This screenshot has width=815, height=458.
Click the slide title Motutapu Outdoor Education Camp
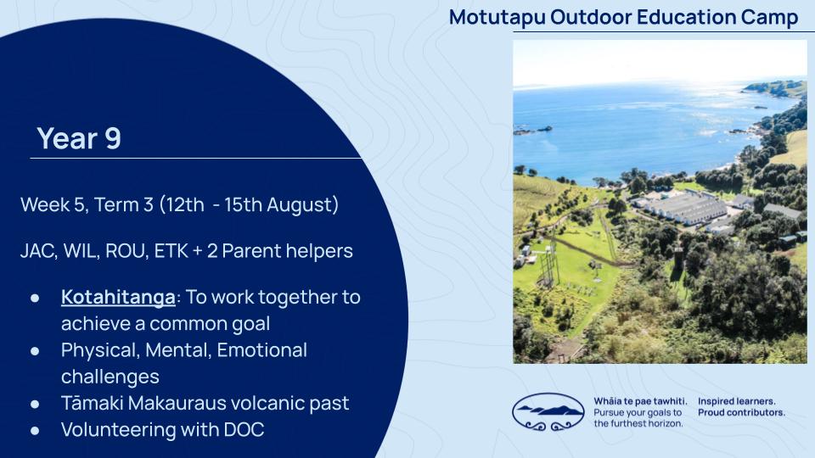click(623, 17)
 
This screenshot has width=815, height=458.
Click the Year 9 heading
click(79, 138)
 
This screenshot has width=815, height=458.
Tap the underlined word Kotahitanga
click(118, 297)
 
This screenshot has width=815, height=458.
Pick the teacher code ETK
click(171, 251)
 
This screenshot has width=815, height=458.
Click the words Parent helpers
click(288, 251)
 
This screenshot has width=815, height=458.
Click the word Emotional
click(262, 350)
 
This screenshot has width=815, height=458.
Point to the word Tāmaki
click(92, 404)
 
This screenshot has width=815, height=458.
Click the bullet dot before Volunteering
click(35, 431)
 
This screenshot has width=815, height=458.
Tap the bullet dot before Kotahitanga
click(35, 298)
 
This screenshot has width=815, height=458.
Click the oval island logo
click(548, 412)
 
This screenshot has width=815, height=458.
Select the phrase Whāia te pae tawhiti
click(640, 401)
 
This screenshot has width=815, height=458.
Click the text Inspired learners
click(737, 401)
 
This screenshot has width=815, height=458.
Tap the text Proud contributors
click(741, 413)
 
